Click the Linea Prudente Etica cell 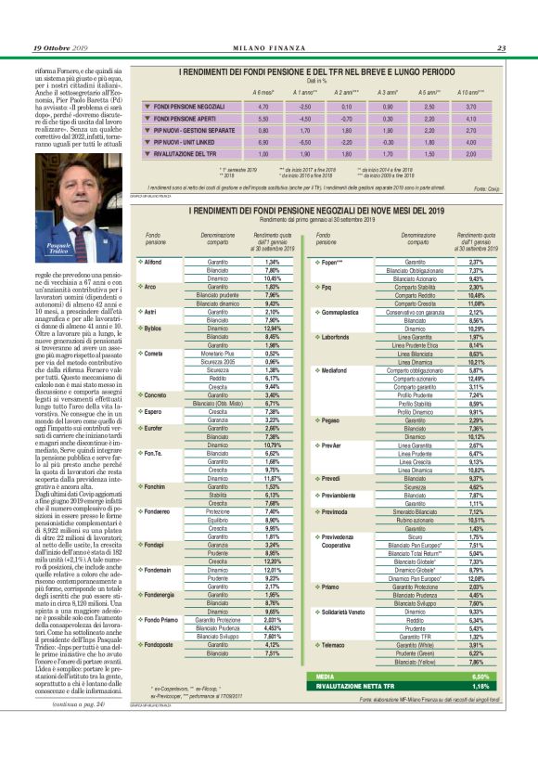coord(416,344)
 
